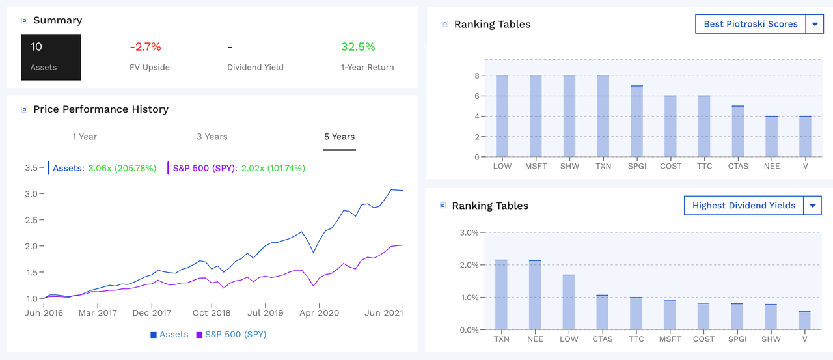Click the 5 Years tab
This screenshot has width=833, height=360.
click(339, 137)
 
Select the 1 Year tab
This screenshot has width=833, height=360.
click(85, 137)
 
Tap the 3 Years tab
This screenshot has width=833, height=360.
click(212, 137)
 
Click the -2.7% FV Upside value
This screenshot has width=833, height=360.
click(145, 47)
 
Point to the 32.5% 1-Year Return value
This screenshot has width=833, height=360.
click(358, 47)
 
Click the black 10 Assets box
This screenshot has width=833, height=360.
click(51, 57)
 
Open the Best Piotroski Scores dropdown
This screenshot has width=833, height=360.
click(814, 24)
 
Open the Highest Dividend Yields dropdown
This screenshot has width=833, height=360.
click(812, 206)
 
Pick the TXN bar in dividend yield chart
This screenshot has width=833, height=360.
click(502, 295)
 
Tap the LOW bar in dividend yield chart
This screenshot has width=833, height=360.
click(569, 302)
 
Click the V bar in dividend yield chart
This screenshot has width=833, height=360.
click(805, 320)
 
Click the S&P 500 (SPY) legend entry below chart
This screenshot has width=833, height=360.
click(231, 335)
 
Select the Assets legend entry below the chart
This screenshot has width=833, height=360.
click(169, 335)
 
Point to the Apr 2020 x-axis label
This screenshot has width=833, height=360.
click(319, 313)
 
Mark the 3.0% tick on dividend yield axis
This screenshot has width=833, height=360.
click(469, 232)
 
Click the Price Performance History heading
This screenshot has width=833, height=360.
click(101, 109)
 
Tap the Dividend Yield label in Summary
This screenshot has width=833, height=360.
click(255, 67)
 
